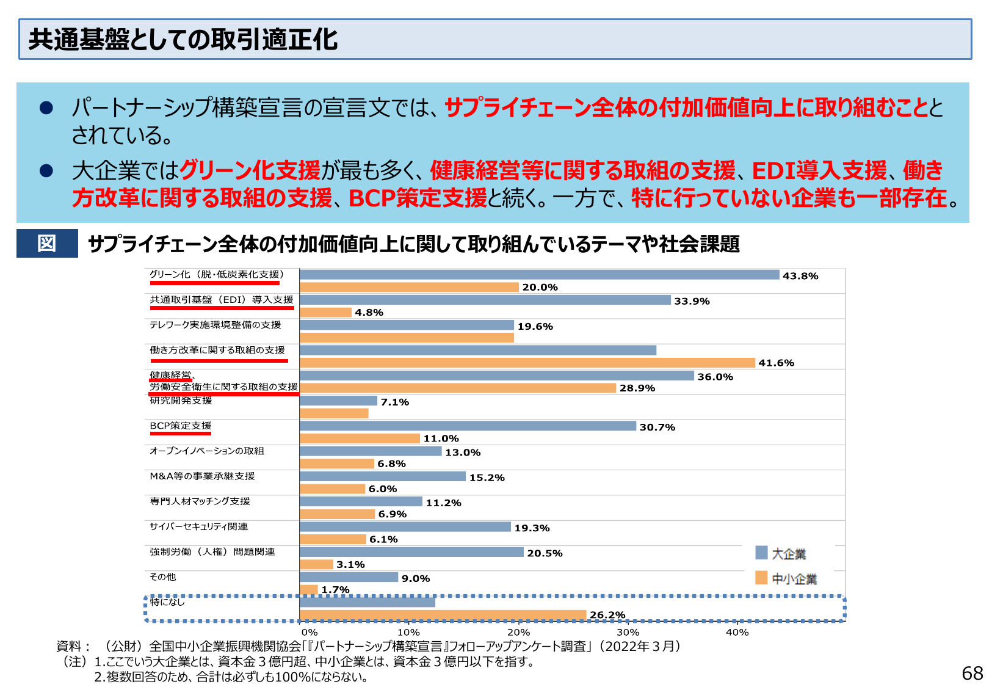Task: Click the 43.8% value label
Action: click(x=800, y=276)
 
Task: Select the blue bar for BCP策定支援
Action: click(x=468, y=426)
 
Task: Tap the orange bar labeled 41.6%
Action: click(x=527, y=363)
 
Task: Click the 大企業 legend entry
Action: click(x=781, y=554)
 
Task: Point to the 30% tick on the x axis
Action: click(x=628, y=633)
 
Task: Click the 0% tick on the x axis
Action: click(x=310, y=633)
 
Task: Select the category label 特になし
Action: click(x=167, y=602)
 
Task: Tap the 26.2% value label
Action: click(x=607, y=615)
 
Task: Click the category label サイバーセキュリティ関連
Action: click(x=199, y=526)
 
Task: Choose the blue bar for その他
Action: click(x=349, y=577)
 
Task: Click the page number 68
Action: click(x=972, y=673)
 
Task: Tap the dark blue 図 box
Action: click(x=47, y=244)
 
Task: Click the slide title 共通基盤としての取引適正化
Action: click(x=183, y=40)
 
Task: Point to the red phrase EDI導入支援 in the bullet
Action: click(x=819, y=170)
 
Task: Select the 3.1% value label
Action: click(x=350, y=565)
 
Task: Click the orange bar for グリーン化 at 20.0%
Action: click(x=409, y=287)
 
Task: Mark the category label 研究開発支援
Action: click(x=181, y=401)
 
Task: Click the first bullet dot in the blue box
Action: click(x=46, y=108)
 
